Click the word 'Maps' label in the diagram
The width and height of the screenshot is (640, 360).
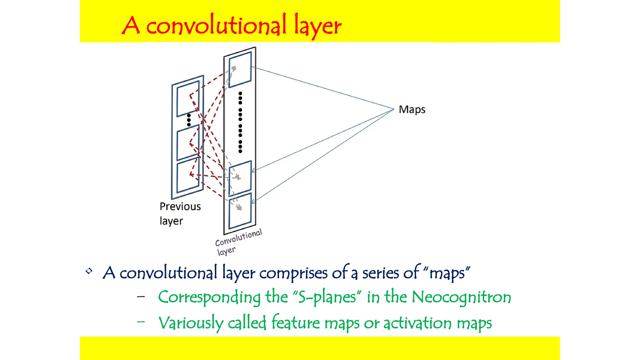pos(412,110)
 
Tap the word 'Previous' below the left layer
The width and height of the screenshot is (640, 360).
pos(180,207)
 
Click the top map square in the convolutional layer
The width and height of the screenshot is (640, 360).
pos(240,70)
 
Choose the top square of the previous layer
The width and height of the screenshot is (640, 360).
pos(188,99)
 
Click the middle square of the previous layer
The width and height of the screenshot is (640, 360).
pos(188,142)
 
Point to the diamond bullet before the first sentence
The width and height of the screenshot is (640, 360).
pos(89,271)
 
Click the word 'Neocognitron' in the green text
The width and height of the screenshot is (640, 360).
pos(461,297)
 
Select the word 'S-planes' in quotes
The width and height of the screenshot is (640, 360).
pos(327,297)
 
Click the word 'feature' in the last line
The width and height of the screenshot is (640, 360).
pos(296,323)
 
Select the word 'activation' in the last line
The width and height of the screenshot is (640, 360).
pos(417,323)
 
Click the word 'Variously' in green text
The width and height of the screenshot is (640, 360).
pos(191,323)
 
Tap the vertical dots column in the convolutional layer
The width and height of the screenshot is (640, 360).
pos(240,122)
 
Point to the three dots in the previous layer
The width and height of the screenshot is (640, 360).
pos(189,120)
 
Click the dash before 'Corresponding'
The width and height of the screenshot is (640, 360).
pos(141,297)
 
